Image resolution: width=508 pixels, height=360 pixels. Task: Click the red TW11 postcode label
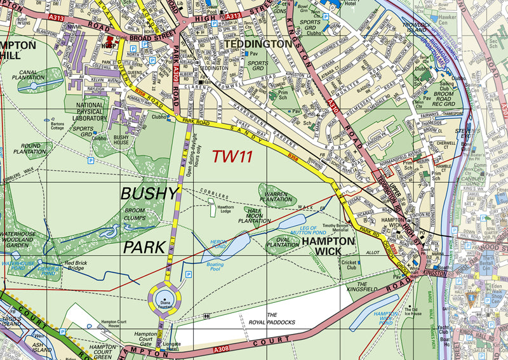click(x=232, y=156)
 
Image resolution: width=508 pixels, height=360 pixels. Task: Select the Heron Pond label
click(x=218, y=244)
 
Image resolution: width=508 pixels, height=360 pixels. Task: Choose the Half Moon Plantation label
click(x=250, y=216)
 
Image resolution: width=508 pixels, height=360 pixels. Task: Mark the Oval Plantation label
click(x=283, y=242)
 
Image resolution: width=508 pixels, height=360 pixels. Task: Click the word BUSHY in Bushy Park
click(x=150, y=192)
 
